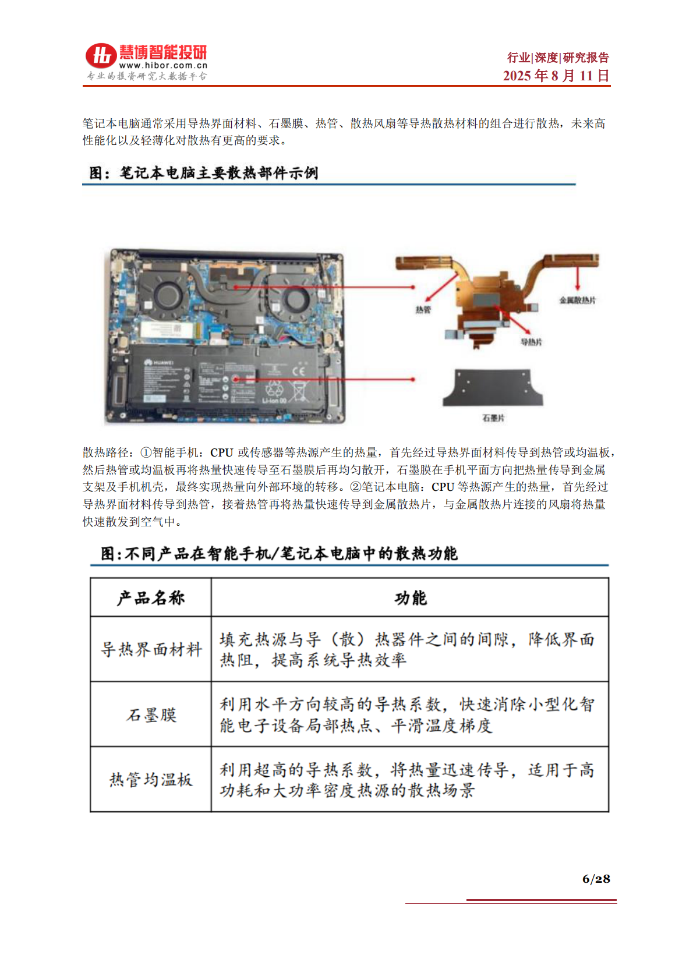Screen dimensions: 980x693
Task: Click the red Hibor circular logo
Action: (101, 55)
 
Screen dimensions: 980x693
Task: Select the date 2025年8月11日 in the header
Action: (556, 76)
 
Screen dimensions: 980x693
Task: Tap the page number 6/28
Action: (596, 879)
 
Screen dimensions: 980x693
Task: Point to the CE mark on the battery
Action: (298, 370)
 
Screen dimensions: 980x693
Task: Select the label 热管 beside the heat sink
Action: (423, 310)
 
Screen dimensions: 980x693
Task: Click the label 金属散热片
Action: (577, 300)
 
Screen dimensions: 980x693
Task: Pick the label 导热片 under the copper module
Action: (531, 342)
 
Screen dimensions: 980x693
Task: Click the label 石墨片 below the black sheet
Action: (493, 418)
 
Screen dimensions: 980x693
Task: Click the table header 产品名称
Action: (151, 598)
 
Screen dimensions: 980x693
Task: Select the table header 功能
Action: (410, 598)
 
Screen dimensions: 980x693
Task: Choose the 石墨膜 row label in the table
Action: (151, 715)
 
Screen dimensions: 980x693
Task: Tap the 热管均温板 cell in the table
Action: (151, 780)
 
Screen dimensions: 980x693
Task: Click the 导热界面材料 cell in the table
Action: (151, 649)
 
